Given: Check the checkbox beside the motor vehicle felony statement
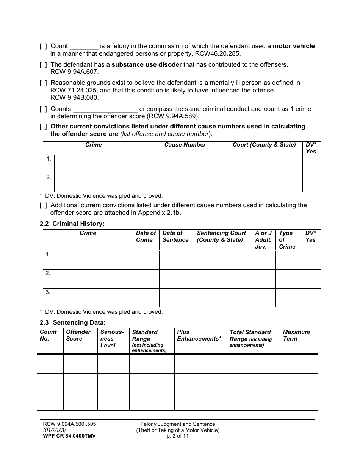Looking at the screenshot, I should click(43, 46).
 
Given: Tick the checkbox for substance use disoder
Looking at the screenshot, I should click(43, 65).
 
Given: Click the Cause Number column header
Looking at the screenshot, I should click(185, 145).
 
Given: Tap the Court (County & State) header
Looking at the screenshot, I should click(264, 145).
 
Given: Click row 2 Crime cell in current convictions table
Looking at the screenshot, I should click(99, 183).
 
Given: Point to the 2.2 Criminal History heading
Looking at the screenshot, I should click(72, 224).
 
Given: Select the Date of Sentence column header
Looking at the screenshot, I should click(175, 236).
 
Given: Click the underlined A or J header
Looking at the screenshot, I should click(263, 233).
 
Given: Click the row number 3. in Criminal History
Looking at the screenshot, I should click(48, 292).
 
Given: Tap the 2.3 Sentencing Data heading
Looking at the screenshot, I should click(73, 323).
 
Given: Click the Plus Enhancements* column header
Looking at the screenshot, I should click(199, 335).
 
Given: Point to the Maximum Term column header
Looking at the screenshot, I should click(296, 335).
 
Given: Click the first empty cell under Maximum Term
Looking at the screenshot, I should click(299, 364).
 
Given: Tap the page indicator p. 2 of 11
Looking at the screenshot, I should click(178, 436).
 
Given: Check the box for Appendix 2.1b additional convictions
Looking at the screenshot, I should click(43, 205).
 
